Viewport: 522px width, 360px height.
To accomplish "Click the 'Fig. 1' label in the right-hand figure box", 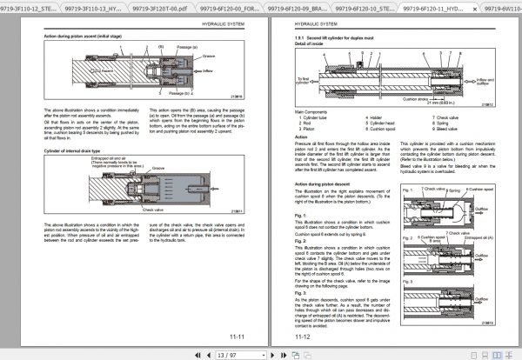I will (x=411, y=187).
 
